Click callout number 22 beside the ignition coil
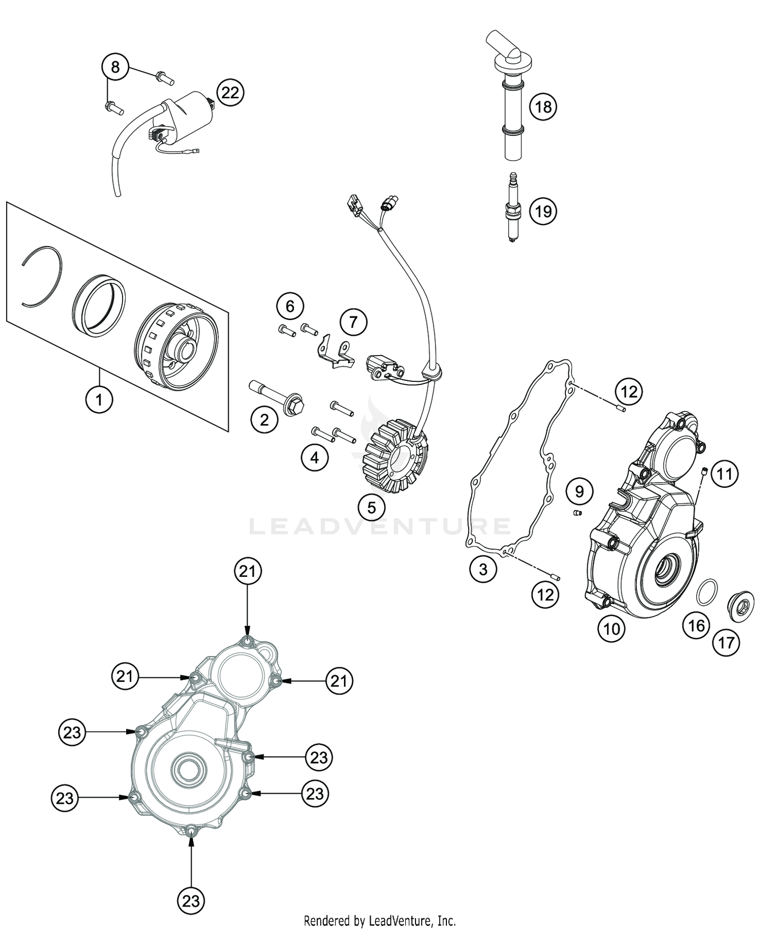point(230,93)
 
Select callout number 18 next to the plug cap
point(543,107)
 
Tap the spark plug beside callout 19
point(514,208)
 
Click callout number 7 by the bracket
point(353,322)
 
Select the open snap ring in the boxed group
point(43,277)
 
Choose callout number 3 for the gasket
point(483,569)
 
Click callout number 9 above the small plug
point(579,491)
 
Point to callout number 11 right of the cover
point(725,474)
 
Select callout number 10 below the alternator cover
point(612,629)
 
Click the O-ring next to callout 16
point(707,591)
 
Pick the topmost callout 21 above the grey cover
point(247,571)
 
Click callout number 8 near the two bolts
point(116,67)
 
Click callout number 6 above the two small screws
point(290,306)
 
